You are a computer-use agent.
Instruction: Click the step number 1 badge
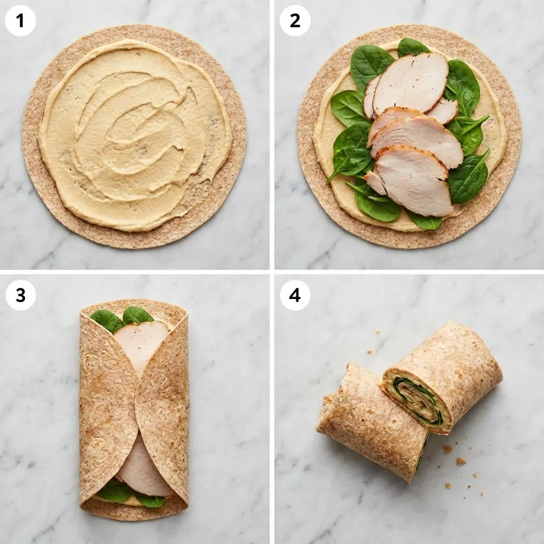click(x=20, y=21)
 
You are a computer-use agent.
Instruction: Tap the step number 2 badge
click(x=295, y=21)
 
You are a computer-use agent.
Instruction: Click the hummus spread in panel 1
click(x=133, y=133)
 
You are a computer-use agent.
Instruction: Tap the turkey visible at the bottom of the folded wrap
click(x=141, y=467)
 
